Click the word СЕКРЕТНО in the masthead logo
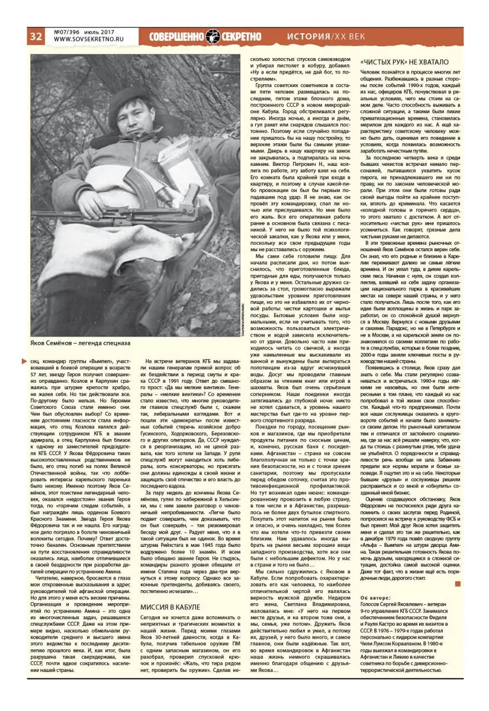(242, 36)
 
